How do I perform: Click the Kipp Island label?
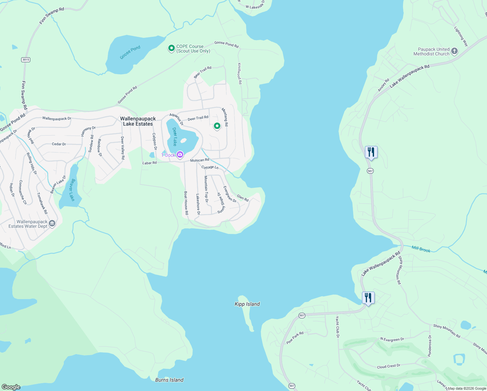(x=247, y=304)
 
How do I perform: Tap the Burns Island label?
(x=169, y=380)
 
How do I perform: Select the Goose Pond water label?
(x=130, y=52)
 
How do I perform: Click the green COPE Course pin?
(x=171, y=48)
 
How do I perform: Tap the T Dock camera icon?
(x=180, y=154)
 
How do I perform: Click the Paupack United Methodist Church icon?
(x=454, y=51)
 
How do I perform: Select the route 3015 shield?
(x=26, y=60)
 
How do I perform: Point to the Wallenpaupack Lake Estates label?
(x=138, y=121)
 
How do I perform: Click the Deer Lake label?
(x=175, y=137)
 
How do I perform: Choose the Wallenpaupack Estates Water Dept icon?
(x=52, y=224)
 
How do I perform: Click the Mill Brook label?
(x=421, y=249)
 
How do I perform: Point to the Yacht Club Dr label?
(x=338, y=327)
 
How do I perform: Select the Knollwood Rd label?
(x=240, y=74)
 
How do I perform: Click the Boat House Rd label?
(x=186, y=203)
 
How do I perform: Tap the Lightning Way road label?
(x=461, y=36)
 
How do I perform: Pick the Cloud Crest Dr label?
(x=388, y=366)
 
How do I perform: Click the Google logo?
(x=11, y=387)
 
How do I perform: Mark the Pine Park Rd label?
(x=295, y=338)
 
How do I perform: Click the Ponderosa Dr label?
(x=430, y=346)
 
